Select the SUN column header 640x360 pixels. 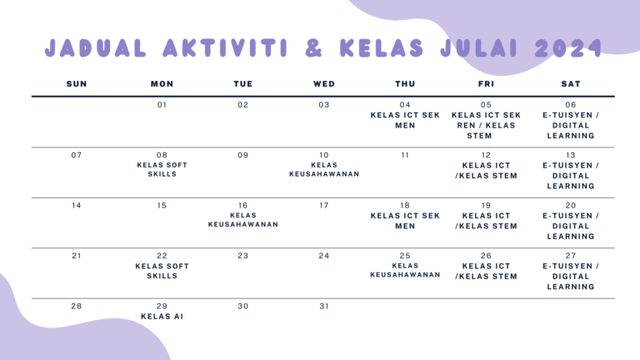pos(77,84)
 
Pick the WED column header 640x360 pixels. pos(324,84)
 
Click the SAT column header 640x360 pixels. pos(571,84)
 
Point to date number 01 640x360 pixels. pos(162,105)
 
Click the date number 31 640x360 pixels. pos(324,306)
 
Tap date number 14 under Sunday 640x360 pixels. pos(77,205)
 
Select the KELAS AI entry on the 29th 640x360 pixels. pos(162,317)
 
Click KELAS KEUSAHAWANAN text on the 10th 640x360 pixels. pos(324,170)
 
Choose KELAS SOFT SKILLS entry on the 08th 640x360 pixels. pos(162,170)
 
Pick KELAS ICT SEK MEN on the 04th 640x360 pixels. pos(405,120)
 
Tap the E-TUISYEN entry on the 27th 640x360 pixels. pos(571,276)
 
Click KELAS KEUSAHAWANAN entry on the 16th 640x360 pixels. pos(242,220)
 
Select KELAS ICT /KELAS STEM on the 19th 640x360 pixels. pos(486,220)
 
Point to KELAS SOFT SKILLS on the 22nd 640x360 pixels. pos(162,271)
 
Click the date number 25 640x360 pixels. pos(405,256)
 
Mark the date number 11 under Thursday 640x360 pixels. pos(405,155)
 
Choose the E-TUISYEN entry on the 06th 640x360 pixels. pos(571,125)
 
